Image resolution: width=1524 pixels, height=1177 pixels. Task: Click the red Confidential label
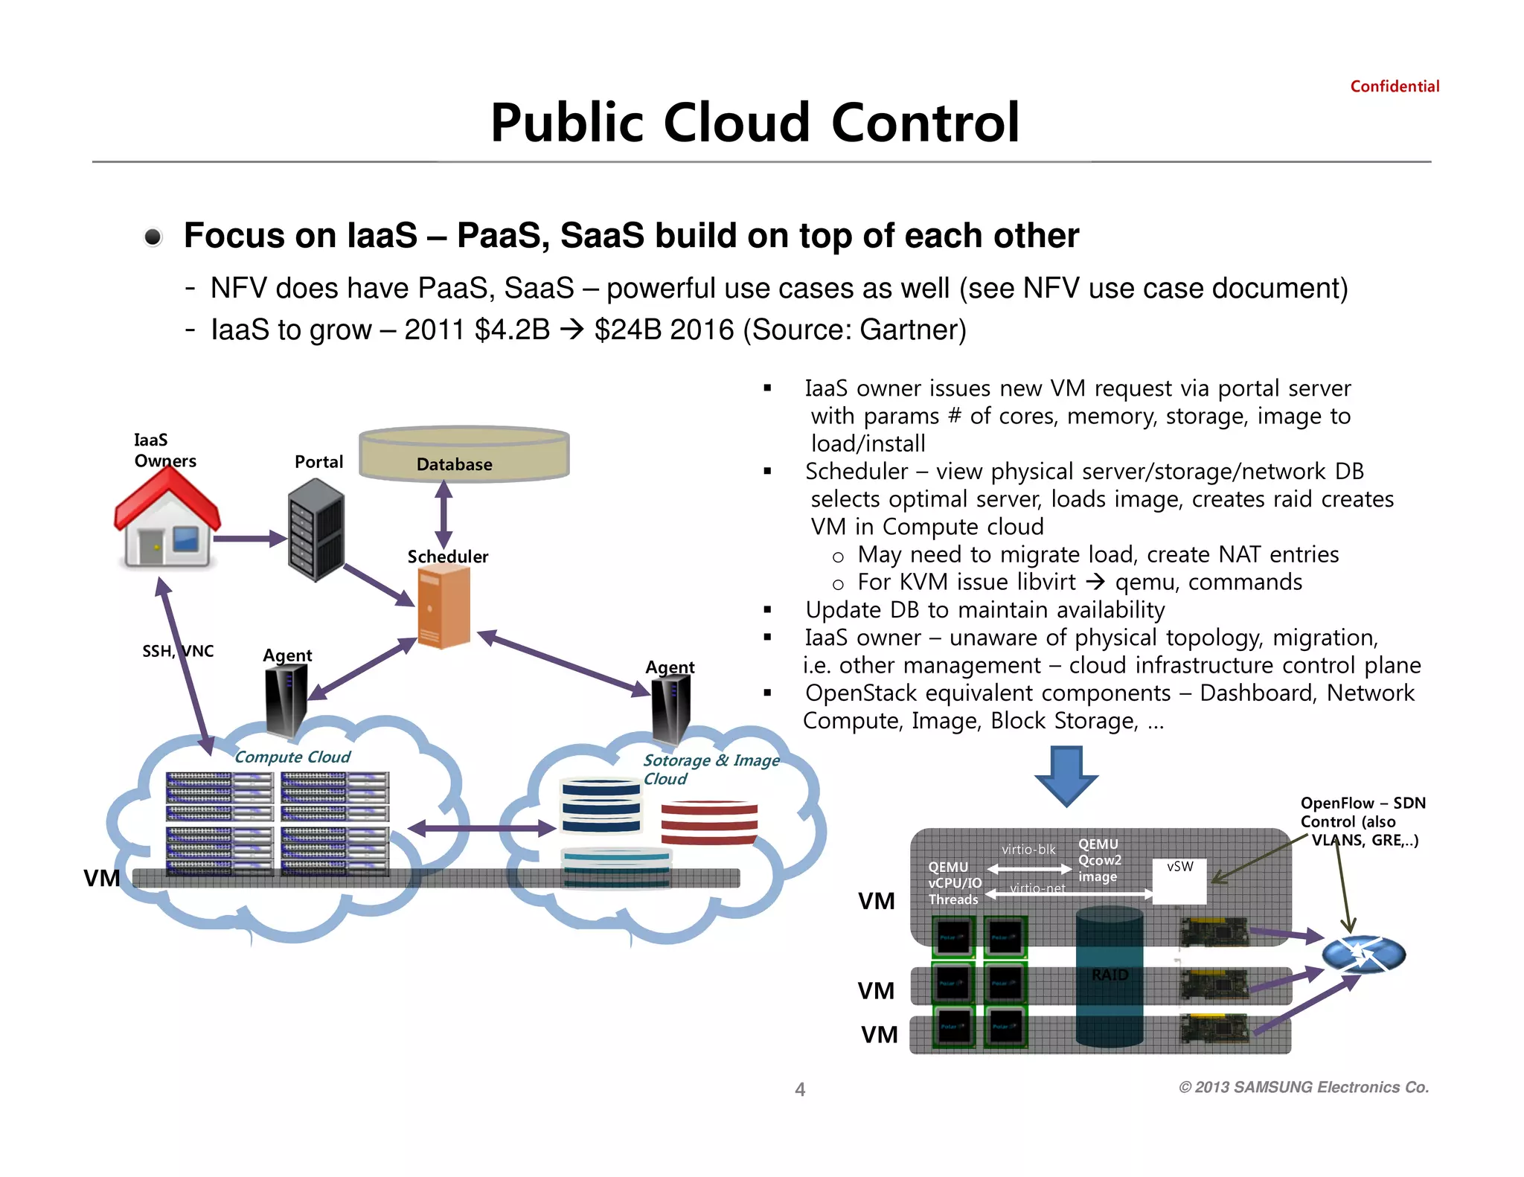click(x=1395, y=86)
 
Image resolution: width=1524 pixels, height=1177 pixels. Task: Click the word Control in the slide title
click(x=925, y=123)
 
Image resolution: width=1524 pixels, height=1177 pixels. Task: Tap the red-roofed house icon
click(x=167, y=521)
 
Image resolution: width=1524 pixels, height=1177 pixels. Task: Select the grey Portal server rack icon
click(x=316, y=530)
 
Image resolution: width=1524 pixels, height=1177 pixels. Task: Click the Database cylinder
click(x=464, y=454)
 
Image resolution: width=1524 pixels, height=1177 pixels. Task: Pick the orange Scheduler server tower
click(x=444, y=606)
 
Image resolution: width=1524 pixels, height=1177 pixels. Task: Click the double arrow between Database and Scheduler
click(x=444, y=514)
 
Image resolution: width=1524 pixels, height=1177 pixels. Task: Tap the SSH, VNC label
click(x=178, y=652)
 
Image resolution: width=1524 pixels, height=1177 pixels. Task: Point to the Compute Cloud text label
click(x=292, y=757)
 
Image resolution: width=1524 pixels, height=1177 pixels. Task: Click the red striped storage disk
click(x=709, y=822)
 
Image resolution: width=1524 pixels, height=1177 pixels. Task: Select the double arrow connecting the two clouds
click(x=481, y=828)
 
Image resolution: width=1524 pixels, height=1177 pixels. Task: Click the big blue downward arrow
click(x=1066, y=776)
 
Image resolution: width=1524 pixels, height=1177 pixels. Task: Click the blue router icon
click(x=1363, y=955)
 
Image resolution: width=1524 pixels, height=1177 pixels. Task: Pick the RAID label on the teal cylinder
click(x=1110, y=975)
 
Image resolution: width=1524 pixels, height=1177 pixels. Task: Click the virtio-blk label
click(x=1028, y=850)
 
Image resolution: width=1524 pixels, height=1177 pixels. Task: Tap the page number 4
click(x=800, y=1090)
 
